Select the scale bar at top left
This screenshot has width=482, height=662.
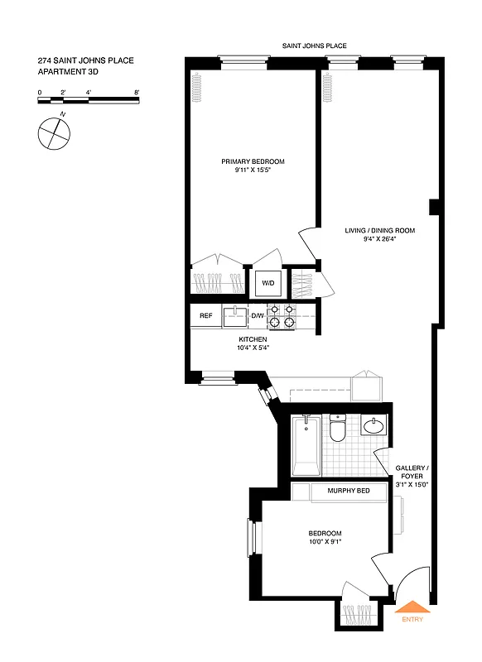point(89,101)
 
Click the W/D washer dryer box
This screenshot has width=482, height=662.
point(268,283)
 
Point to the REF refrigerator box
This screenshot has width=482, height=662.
point(205,316)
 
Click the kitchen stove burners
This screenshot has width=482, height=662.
point(281,316)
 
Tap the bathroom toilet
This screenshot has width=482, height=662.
point(337,429)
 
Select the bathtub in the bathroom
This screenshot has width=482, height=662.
point(306,447)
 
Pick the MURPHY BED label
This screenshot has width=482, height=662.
point(348,492)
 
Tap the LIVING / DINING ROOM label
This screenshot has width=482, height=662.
point(380,230)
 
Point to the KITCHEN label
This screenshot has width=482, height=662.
point(253,339)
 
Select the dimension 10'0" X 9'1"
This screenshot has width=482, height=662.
point(325,542)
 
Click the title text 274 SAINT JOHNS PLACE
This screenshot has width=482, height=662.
point(85,60)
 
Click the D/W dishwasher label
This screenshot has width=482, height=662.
point(257,316)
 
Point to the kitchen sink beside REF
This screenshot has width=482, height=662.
point(235,314)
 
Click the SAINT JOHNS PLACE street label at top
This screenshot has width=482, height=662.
point(314,47)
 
